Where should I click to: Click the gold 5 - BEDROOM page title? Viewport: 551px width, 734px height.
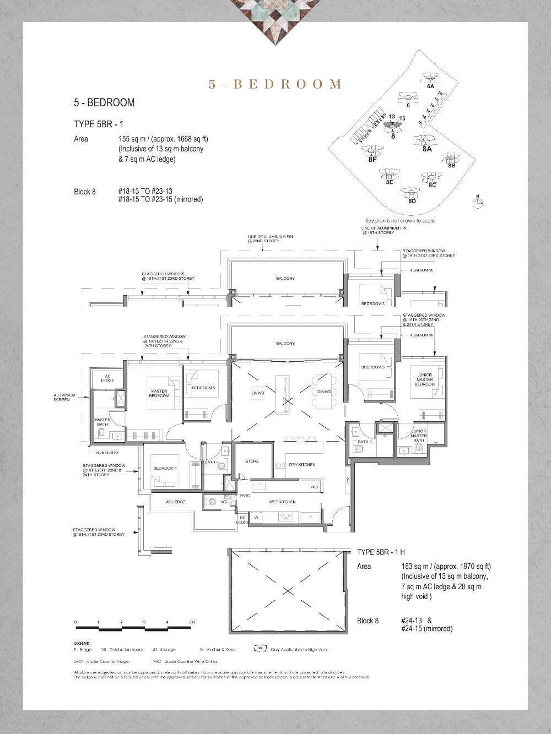[275, 84]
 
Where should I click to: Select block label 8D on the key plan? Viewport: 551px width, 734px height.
[412, 201]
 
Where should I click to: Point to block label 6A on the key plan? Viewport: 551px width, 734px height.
[430, 86]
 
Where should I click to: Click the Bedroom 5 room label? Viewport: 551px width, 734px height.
[203, 388]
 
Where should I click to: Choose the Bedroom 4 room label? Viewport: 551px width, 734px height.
[165, 468]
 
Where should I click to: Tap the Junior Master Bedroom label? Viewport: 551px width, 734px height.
[424, 379]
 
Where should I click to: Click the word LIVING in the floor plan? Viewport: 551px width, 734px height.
[257, 393]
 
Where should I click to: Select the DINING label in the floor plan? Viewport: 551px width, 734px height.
[324, 392]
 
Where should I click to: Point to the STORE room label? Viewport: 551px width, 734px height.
[252, 461]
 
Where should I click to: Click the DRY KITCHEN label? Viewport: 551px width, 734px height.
[302, 465]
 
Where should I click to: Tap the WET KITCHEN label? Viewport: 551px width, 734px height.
[282, 502]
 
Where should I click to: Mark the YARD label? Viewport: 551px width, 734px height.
[244, 496]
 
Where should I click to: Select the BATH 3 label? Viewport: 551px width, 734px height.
[364, 442]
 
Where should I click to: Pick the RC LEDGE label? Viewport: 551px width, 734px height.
[241, 519]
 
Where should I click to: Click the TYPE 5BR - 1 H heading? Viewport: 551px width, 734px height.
[381, 552]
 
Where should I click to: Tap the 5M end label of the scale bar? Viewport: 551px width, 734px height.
[192, 622]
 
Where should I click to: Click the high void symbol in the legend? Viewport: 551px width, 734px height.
[260, 649]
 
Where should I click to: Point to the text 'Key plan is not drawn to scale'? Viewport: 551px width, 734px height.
[399, 221]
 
